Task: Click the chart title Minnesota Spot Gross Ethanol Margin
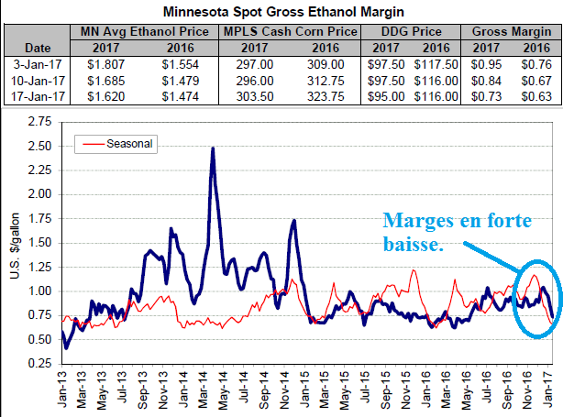pyautogui.click(x=281, y=13)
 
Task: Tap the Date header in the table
pyautogui.click(x=37, y=47)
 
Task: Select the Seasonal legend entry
pyautogui.click(x=127, y=144)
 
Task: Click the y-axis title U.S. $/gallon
pyautogui.click(x=13, y=243)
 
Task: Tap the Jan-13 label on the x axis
pyautogui.click(x=61, y=391)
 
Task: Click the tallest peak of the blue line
pyautogui.click(x=213, y=148)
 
